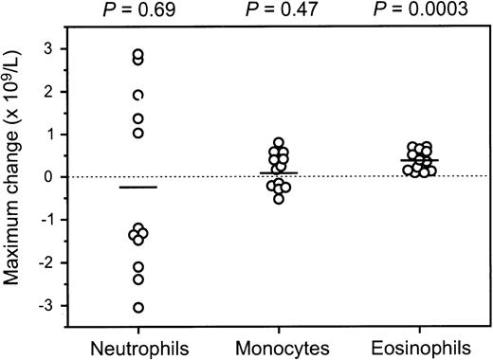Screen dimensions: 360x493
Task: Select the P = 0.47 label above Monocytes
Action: tap(279, 10)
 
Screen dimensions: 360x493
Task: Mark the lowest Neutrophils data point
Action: tap(138, 307)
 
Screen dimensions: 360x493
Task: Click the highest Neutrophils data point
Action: tap(138, 55)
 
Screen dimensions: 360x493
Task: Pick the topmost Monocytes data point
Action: tap(278, 143)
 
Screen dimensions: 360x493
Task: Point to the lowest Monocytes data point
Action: tap(278, 199)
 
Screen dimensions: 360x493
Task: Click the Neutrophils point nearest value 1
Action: tap(138, 133)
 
